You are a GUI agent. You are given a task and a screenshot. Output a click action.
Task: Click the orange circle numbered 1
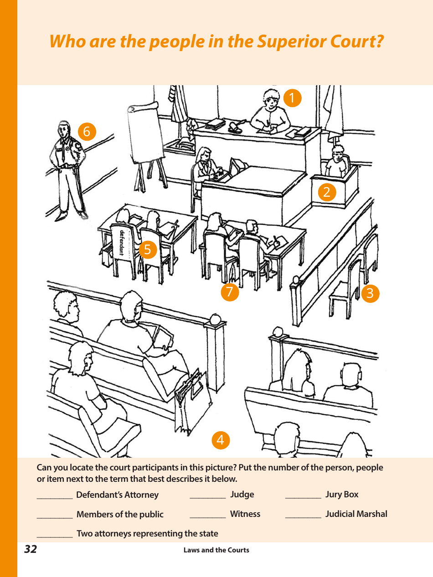point(292,98)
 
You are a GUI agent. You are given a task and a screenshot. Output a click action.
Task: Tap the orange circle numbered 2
point(326,192)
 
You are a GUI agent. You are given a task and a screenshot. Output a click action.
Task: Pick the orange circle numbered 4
point(221,440)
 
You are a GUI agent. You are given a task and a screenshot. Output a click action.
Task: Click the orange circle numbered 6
point(87,132)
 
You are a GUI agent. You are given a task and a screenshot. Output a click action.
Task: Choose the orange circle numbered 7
point(230,292)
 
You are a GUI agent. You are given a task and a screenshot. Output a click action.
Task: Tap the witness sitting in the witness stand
point(337,162)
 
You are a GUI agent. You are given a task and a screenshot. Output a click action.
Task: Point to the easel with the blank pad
point(145,141)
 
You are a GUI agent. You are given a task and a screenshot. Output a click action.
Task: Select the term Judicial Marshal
point(356,514)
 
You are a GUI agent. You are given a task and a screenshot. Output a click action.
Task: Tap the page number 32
point(31,550)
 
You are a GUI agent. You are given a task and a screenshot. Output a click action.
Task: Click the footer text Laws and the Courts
point(216,550)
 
